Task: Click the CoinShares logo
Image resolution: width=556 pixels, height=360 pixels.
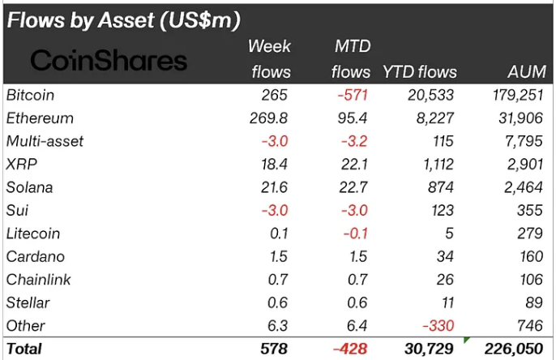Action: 109,60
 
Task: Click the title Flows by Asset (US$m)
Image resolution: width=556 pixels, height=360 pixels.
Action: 123,19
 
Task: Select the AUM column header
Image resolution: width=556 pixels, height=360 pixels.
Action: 528,72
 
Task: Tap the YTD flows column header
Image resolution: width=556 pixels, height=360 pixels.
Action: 419,72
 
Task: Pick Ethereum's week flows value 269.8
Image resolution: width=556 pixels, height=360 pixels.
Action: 268,118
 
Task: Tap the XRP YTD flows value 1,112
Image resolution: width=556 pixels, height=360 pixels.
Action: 435,165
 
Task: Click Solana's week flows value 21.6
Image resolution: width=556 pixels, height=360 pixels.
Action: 273,187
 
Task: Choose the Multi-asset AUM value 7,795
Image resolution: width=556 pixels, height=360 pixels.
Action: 525,141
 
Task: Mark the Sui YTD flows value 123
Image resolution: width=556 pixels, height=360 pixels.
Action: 442,210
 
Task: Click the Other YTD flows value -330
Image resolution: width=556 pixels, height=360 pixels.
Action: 438,326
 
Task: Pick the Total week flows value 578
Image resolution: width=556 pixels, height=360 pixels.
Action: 275,349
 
